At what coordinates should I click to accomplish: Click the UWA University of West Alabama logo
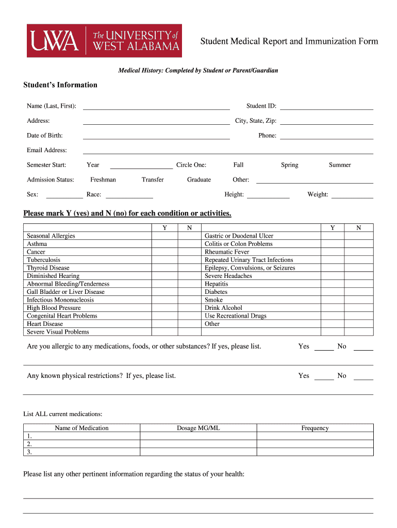[x=104, y=41]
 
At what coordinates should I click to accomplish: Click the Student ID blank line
[x=326, y=106]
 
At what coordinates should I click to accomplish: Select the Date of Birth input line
[x=156, y=136]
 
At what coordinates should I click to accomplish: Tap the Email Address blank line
[x=228, y=151]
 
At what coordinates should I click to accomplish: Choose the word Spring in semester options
[x=289, y=165]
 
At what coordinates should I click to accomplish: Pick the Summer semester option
[x=340, y=165]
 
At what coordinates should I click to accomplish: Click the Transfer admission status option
[x=153, y=180]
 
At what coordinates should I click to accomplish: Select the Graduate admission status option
[x=199, y=180]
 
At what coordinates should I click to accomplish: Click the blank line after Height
[x=268, y=195]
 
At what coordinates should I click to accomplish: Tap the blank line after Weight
[x=352, y=195]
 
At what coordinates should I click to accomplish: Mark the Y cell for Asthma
[x=164, y=244]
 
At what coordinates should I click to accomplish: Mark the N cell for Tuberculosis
[x=189, y=260]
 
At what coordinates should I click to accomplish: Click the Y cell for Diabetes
[x=333, y=292]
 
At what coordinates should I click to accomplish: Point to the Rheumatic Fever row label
[x=227, y=252]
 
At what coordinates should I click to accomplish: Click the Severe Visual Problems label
[x=58, y=332]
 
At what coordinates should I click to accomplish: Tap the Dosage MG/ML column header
[x=198, y=428]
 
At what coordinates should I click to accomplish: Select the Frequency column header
[x=315, y=428]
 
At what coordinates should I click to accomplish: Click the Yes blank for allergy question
[x=324, y=347]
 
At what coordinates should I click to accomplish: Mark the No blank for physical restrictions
[x=363, y=376]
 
